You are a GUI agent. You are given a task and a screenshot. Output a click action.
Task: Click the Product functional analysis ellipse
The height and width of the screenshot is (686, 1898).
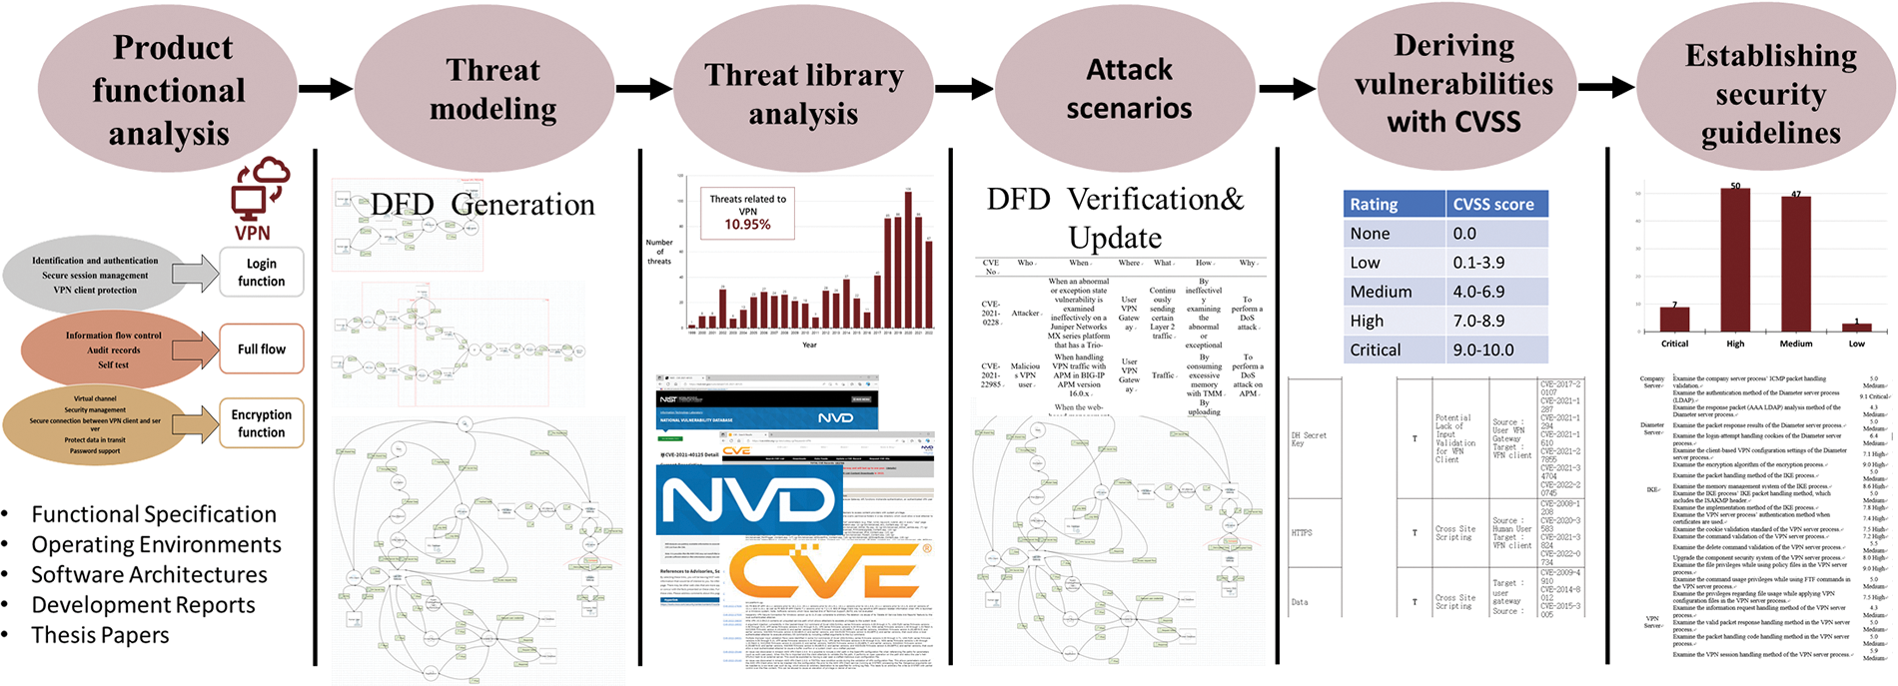click(168, 90)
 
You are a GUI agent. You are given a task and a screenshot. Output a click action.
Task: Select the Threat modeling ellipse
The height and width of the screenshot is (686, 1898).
click(492, 89)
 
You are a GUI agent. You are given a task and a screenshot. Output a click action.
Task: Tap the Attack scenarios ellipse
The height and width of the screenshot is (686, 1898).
click(1129, 89)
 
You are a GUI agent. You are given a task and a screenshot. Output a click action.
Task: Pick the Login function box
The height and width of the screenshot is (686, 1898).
click(261, 273)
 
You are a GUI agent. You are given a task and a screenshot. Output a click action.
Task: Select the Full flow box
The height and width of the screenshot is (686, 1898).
click(261, 348)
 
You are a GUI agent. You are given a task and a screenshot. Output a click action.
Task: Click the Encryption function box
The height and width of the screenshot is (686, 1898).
click(261, 423)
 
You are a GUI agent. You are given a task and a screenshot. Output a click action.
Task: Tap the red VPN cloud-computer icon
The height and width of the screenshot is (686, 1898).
click(258, 191)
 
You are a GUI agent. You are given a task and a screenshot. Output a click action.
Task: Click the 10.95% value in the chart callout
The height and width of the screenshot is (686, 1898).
click(747, 225)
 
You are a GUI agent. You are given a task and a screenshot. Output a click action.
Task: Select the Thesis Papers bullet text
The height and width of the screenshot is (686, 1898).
click(100, 635)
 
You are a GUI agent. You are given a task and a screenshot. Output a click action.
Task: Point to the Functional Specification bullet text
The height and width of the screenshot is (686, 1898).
click(154, 514)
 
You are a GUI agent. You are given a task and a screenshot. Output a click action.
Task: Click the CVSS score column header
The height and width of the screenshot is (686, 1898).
click(1492, 204)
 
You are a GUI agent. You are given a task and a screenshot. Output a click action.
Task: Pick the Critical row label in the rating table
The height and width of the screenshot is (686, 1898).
click(1376, 349)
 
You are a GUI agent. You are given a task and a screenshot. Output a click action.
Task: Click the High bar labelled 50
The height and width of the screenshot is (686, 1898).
click(1735, 260)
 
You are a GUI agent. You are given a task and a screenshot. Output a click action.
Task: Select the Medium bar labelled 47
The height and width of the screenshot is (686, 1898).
click(1795, 264)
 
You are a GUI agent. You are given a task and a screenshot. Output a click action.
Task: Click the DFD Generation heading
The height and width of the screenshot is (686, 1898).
click(482, 205)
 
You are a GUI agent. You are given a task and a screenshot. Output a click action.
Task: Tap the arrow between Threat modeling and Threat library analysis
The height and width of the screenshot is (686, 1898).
click(644, 89)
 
